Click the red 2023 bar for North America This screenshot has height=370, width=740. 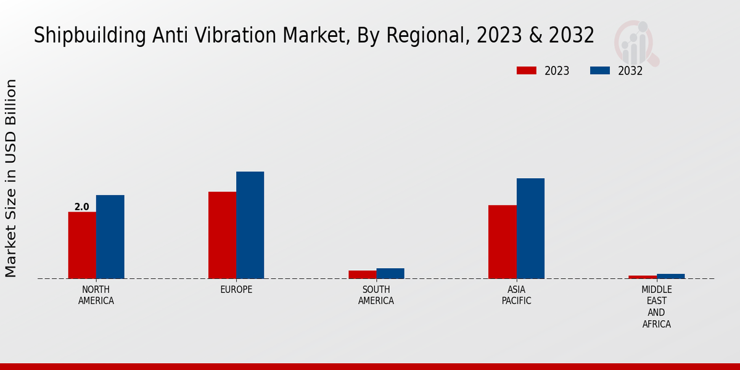tap(82, 245)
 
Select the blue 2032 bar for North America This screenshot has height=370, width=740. tap(110, 237)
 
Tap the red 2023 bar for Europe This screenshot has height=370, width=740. tap(222, 235)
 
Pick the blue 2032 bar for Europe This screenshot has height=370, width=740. tap(250, 225)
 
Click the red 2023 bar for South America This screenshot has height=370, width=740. tap(362, 274)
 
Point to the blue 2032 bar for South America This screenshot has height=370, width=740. tap(390, 273)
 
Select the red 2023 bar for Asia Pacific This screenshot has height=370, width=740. tap(502, 242)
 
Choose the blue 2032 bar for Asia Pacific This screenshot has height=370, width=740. tap(530, 228)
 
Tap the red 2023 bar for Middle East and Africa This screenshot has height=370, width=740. tap(643, 277)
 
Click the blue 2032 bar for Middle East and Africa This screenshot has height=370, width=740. tap(670, 276)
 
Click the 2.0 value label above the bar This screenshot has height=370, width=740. tap(82, 207)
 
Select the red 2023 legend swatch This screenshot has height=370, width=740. tap(527, 70)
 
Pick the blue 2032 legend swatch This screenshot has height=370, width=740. tap(600, 70)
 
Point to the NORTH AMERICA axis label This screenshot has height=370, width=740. tap(96, 295)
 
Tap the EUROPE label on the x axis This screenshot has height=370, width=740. tap(236, 290)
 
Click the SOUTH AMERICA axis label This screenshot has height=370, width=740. tap(376, 295)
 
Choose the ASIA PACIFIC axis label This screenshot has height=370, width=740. tap(516, 295)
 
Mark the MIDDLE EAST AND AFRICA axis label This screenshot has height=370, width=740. tap(656, 306)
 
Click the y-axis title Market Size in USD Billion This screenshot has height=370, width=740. tap(11, 178)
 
